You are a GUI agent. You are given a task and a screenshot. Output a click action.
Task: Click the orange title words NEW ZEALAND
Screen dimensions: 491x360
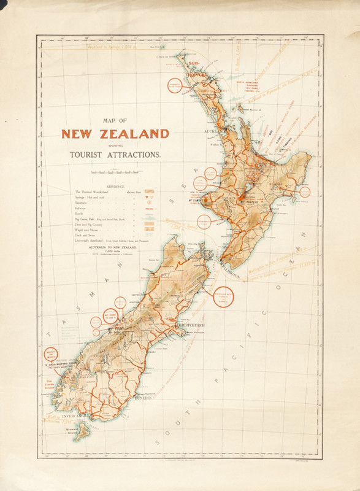[115, 134]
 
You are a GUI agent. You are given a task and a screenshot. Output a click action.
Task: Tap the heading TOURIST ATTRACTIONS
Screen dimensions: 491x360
[115, 155]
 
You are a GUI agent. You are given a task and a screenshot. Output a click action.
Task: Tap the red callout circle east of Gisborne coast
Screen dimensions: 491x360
[301, 191]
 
